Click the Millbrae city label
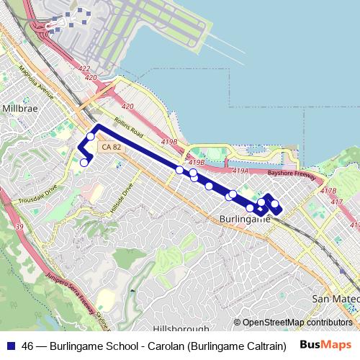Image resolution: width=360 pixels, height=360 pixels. [x=19, y=108]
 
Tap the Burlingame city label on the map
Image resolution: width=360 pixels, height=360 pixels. [x=244, y=218]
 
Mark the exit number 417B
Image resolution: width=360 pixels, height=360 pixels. [x=328, y=191]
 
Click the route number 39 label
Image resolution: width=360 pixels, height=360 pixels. [x=19, y=227]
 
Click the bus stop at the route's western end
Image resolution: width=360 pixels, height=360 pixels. [x=84, y=162]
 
